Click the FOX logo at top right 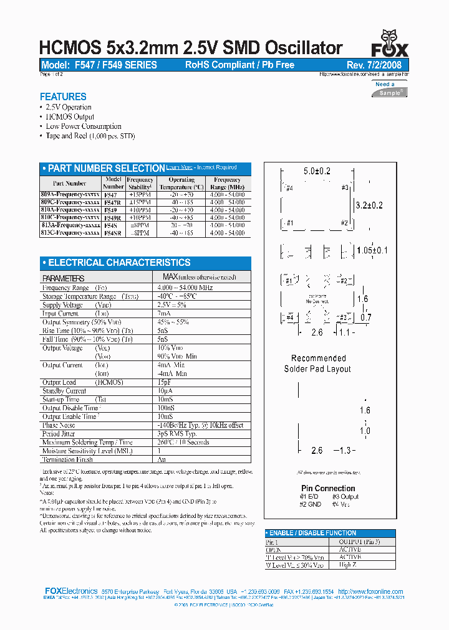pos(390,45)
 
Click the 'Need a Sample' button pos(390,89)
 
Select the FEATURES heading pos(63,96)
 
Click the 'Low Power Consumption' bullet pos(83,126)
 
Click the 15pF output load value pos(165,382)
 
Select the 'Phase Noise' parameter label pos(59,425)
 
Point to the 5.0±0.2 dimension pos(317,171)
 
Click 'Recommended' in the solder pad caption pos(318,359)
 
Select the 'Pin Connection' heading pos(328,488)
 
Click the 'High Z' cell pos(348,565)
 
